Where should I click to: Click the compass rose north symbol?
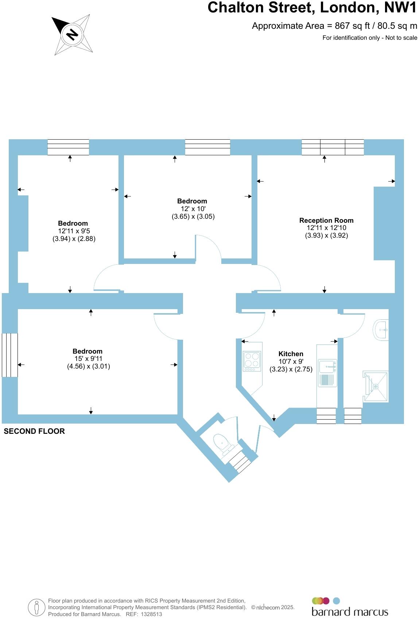click(x=72, y=35)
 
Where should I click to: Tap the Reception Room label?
click(x=326, y=220)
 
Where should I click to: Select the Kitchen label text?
click(x=291, y=354)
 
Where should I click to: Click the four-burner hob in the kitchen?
click(x=252, y=360)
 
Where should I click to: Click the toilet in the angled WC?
click(x=223, y=443)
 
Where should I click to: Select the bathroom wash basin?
click(x=382, y=330)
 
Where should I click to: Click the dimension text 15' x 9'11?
click(x=88, y=359)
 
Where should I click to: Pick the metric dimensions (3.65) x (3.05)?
click(x=193, y=216)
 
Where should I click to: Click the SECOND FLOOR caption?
click(x=34, y=431)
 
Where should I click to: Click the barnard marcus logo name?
click(x=350, y=612)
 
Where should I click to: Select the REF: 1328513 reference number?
click(x=144, y=614)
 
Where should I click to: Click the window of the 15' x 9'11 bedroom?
click(x=10, y=355)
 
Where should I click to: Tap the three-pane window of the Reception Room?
click(x=332, y=147)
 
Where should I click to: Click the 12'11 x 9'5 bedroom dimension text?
click(x=73, y=231)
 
